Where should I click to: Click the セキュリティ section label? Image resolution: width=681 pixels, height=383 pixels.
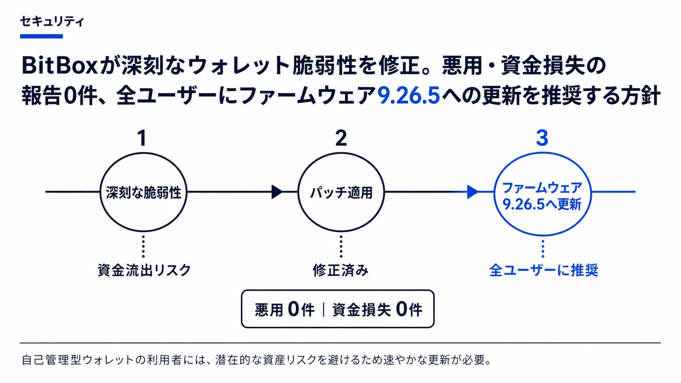[x=52, y=22]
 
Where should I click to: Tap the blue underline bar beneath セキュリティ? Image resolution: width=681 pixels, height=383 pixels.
[x=41, y=36]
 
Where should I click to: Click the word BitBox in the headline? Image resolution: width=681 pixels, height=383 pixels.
[x=59, y=66]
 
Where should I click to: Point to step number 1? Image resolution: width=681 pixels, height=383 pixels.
[x=142, y=138]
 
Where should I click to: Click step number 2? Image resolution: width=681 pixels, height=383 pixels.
[x=341, y=138]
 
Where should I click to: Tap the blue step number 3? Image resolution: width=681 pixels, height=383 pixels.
[x=542, y=138]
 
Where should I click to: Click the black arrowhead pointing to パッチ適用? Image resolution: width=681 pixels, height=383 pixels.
[x=277, y=192]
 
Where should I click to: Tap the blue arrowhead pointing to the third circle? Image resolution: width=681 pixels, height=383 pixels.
[x=472, y=192]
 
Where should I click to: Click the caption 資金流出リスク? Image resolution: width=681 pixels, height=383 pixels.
[x=144, y=270]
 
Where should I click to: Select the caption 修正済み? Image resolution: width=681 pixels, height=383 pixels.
[x=340, y=270]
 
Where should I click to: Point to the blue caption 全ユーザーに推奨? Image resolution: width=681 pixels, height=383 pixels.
[x=544, y=270]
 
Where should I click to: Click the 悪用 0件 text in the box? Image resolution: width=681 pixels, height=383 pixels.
[x=284, y=310]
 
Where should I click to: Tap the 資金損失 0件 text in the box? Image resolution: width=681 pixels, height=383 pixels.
[x=377, y=310]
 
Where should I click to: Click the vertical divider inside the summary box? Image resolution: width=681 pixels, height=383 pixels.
[x=324, y=310]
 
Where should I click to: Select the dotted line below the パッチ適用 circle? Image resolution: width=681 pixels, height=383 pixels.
[x=341, y=246]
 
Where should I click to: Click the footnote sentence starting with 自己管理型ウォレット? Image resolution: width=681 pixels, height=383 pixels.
[x=256, y=360]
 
